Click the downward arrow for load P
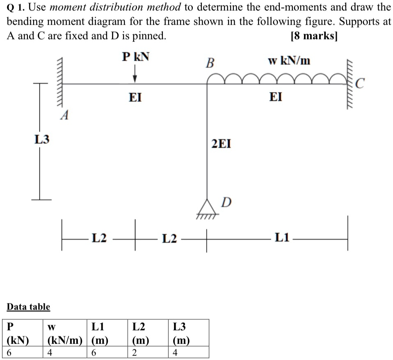point(135,73)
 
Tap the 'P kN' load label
point(136,57)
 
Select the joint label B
point(210,63)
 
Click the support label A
point(64,115)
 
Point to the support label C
point(360,83)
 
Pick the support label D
point(226,202)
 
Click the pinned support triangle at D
point(207,207)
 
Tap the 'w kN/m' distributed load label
point(289,60)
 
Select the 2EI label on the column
point(221,144)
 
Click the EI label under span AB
point(135,97)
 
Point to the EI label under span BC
point(276,97)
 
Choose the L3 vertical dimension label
point(42,139)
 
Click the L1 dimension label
point(282,237)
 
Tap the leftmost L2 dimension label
point(99,238)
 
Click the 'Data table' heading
point(28,307)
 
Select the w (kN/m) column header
point(65,333)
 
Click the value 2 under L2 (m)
point(134,353)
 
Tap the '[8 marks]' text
point(314,36)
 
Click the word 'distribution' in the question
point(117,7)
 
